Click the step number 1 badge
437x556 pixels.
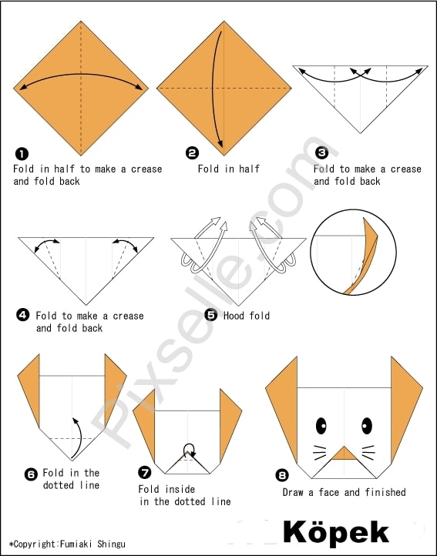pyautogui.click(x=22, y=154)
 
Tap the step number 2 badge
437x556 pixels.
pyautogui.click(x=192, y=153)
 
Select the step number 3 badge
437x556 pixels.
pyautogui.click(x=321, y=152)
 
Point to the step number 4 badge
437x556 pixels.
pyautogui.click(x=22, y=315)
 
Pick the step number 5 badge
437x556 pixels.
pyautogui.click(x=211, y=314)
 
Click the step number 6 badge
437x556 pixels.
pyautogui.click(x=31, y=474)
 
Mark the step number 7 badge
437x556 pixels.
pyautogui.click(x=144, y=472)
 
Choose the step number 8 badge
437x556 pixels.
pyautogui.click(x=282, y=475)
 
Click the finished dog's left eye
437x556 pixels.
pyautogui.click(x=321, y=426)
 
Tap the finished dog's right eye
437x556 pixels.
pyautogui.click(x=367, y=426)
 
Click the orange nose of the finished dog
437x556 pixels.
pyautogui.click(x=344, y=454)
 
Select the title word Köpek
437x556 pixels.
pyautogui.click(x=336, y=531)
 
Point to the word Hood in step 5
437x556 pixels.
pyautogui.click(x=234, y=316)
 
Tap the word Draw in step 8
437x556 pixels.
pyautogui.click(x=293, y=492)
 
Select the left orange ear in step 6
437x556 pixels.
pyautogui.click(x=29, y=390)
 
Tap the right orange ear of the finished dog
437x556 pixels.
pyautogui.click(x=406, y=408)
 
